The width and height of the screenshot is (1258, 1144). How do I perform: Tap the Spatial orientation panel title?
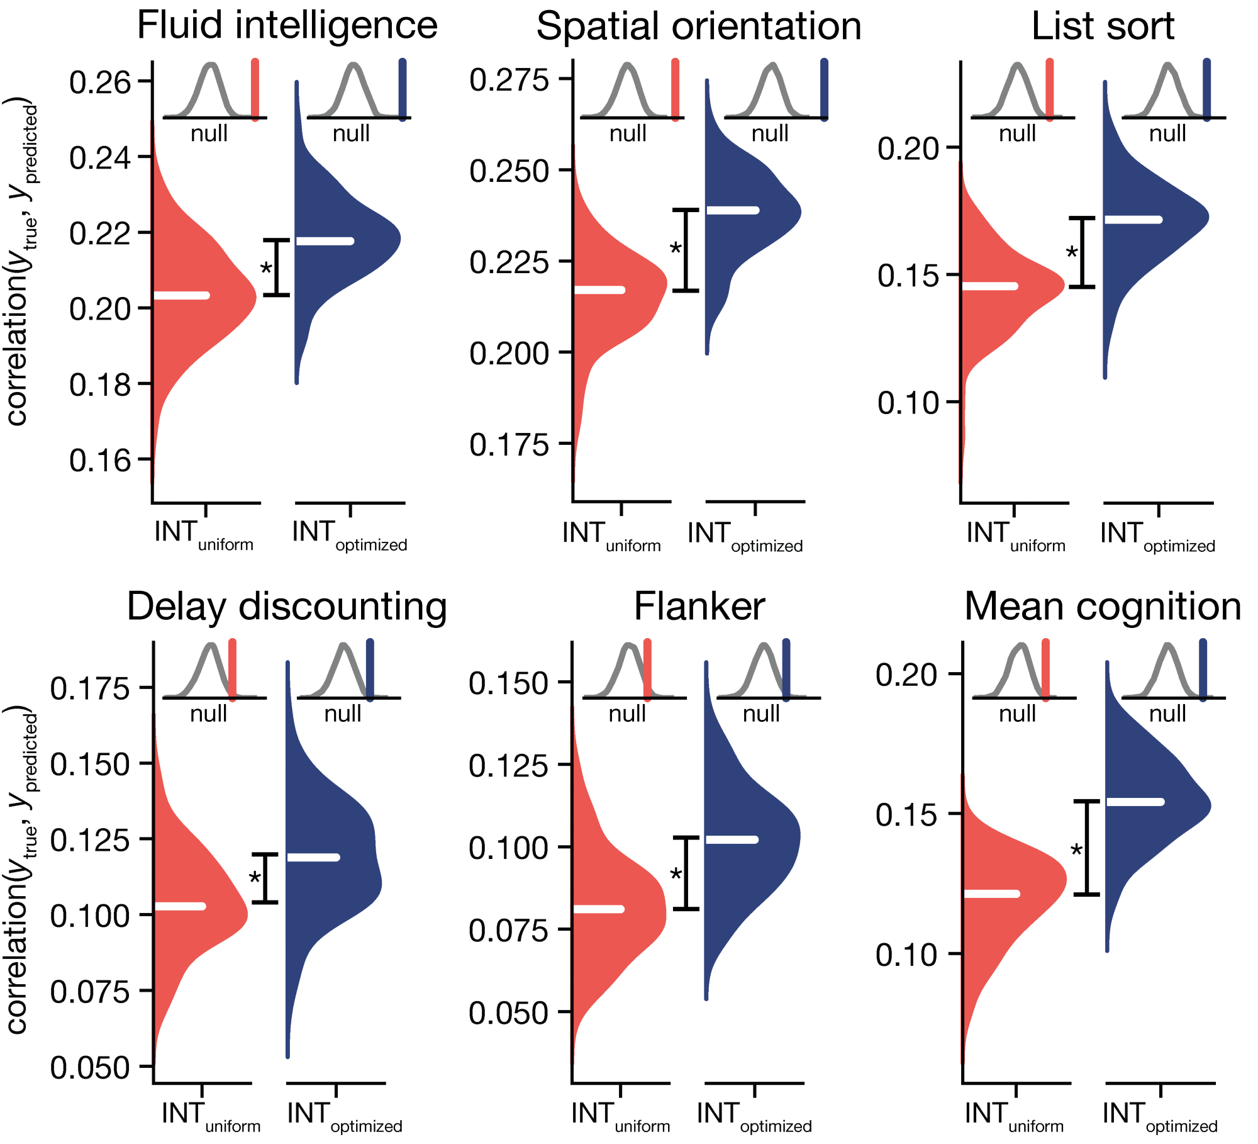click(698, 26)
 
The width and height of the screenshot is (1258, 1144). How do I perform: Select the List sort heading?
click(1103, 26)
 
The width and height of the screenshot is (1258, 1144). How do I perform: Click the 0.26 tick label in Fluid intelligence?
click(100, 82)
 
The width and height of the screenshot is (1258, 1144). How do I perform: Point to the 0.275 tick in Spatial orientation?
click(509, 81)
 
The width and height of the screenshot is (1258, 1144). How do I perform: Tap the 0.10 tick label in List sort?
click(908, 403)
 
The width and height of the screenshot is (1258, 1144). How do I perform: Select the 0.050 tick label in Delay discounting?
click(89, 1068)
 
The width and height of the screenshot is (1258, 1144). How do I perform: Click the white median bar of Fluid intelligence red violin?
click(182, 295)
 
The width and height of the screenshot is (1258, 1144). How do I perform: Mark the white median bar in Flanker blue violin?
click(732, 839)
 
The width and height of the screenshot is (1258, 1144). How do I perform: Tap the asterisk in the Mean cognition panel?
click(1076, 851)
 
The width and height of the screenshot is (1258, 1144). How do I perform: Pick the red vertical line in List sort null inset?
click(1049, 89)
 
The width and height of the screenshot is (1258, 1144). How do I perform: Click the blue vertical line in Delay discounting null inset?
click(370, 670)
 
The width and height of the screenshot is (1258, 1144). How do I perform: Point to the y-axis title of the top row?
click(21, 261)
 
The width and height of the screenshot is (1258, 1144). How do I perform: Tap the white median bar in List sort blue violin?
click(1133, 220)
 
